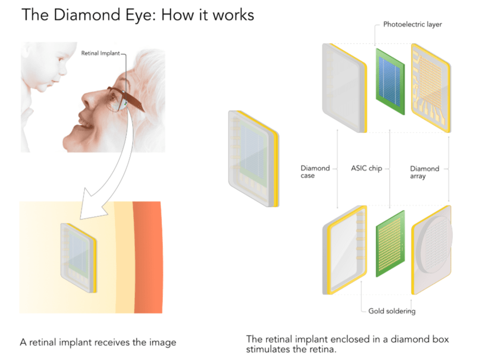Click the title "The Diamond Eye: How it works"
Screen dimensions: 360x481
pyautogui.click(x=137, y=15)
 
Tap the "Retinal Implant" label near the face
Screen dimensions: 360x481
pyautogui.click(x=99, y=53)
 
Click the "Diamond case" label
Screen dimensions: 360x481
pyautogui.click(x=315, y=172)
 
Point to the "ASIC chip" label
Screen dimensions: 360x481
pyautogui.click(x=366, y=169)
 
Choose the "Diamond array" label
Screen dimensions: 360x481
pyautogui.click(x=424, y=172)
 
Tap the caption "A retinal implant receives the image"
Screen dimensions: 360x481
pyautogui.click(x=98, y=343)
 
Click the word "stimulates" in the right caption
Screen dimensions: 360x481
pyautogui.click(x=270, y=350)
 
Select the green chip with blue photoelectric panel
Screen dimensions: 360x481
pyautogui.click(x=389, y=81)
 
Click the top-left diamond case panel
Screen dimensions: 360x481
pyautogui.click(x=344, y=87)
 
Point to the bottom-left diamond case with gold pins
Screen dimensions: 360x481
pyautogui.click(x=344, y=251)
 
